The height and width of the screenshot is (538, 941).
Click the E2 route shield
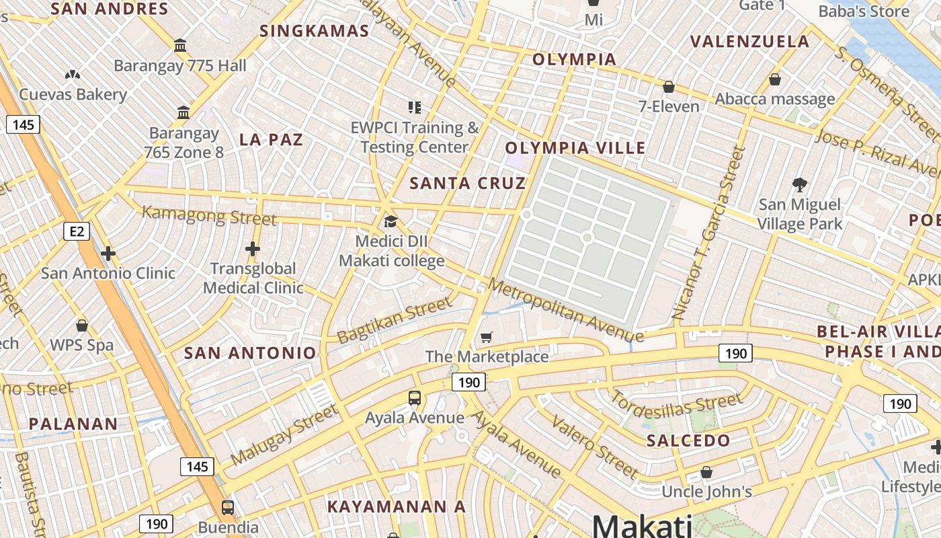77,232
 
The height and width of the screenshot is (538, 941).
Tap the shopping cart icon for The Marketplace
487,337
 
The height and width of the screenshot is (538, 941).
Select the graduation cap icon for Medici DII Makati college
391,221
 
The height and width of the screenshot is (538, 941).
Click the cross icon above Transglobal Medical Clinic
253,249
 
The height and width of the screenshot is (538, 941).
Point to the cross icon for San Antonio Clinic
108,254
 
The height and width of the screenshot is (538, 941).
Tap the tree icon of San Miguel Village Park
800,184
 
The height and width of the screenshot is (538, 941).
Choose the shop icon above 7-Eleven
669,87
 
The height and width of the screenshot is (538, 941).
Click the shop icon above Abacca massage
775,79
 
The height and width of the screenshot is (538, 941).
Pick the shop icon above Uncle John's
706,472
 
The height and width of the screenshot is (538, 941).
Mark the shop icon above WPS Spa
82,325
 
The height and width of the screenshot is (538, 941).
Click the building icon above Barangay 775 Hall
180,46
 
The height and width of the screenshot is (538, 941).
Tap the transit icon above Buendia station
228,507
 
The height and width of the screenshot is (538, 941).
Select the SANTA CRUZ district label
468,183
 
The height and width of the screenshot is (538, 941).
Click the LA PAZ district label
272,140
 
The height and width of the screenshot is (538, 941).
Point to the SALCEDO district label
688,441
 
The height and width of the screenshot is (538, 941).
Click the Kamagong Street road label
210,216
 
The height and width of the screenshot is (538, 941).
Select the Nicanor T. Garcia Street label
710,233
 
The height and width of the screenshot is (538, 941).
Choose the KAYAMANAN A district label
397,507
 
